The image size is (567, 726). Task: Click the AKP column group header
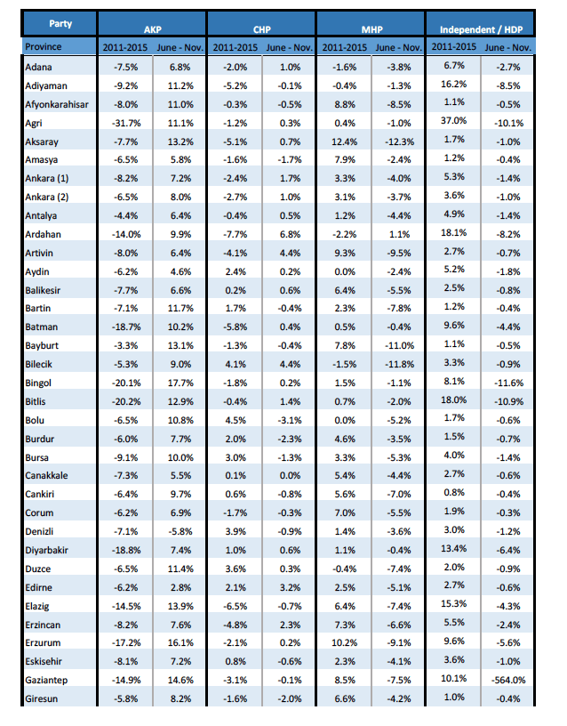pos(152,29)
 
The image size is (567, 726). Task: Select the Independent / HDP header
pos(481,29)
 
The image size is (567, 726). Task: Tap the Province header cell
pos(43,47)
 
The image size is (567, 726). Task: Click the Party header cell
pos(60,24)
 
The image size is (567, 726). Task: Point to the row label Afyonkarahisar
pos(57,104)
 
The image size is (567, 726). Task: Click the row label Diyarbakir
pos(46,550)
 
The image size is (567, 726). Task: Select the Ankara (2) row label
pos(47,197)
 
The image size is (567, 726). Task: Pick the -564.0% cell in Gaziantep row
pos(508,680)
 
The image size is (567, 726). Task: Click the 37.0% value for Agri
pos(454,121)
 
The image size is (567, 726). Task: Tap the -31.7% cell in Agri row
pos(126,123)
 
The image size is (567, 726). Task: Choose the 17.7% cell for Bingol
pos(180,383)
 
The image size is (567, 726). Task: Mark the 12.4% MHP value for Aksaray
pos(345,141)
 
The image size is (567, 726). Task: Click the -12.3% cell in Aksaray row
pos(399,141)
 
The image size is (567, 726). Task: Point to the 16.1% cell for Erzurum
pos(180,642)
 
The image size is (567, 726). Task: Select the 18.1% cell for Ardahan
pos(454,232)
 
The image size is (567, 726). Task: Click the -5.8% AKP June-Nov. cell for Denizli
pos(180,531)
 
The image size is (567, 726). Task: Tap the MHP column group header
pos(371,29)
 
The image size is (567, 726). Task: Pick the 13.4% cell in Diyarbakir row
pos(454,549)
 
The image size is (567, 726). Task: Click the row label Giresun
pos(41,698)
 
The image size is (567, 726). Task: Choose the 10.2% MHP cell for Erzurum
pos(345,642)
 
